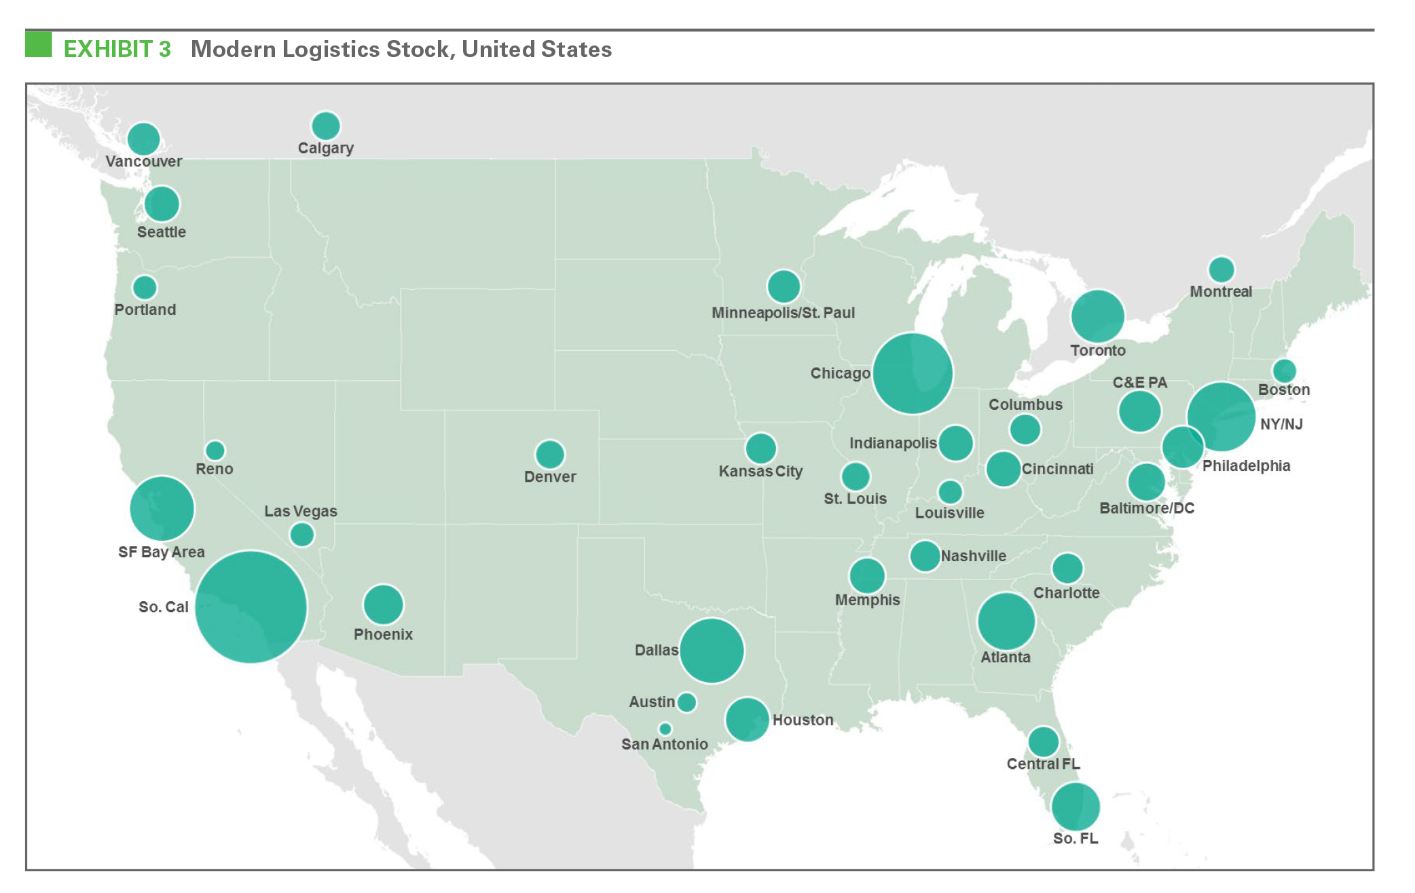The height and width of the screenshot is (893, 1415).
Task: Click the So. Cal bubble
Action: (x=251, y=607)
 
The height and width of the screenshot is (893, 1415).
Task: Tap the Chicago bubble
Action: (x=913, y=373)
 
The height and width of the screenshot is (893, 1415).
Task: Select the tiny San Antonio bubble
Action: (x=665, y=729)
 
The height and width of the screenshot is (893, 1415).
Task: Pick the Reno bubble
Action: (x=215, y=450)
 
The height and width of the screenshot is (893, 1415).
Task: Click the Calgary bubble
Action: (x=326, y=126)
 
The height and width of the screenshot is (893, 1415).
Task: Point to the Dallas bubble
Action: (x=712, y=650)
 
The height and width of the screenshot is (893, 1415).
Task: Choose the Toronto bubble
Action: (x=1097, y=316)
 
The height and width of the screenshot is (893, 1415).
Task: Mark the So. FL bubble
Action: (x=1076, y=806)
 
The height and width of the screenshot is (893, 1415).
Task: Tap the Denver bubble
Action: (x=550, y=454)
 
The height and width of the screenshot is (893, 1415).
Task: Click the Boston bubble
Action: (x=1284, y=370)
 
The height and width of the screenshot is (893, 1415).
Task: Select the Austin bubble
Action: (x=686, y=702)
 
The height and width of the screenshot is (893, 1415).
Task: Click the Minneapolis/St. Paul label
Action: (x=783, y=313)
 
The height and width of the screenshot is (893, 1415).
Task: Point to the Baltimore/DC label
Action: (x=1147, y=508)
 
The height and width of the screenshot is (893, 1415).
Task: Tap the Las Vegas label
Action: (x=301, y=511)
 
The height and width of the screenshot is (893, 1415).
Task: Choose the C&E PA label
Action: (x=1140, y=383)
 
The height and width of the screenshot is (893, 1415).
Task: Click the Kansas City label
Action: (x=760, y=471)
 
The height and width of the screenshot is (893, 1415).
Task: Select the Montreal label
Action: (x=1221, y=292)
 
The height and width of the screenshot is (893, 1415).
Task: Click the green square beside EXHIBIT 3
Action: (x=39, y=44)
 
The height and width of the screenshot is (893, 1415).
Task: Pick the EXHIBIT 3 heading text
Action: (x=117, y=49)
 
